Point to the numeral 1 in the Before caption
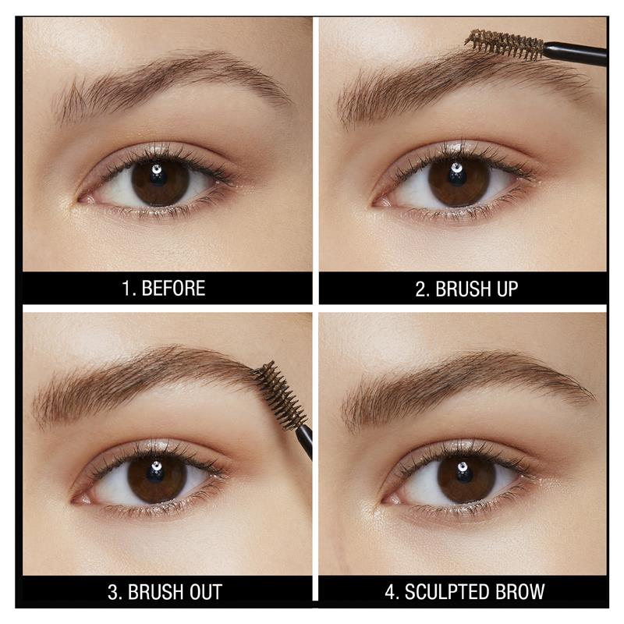coord(126,289)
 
